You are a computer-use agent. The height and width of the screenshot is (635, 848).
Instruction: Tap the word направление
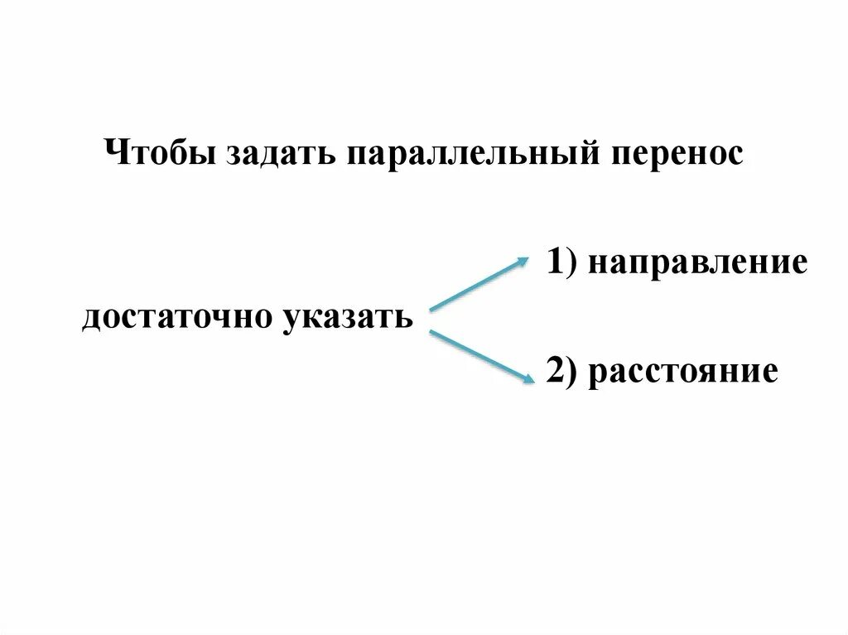coord(698,262)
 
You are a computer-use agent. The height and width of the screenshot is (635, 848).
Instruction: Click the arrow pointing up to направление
coord(479,284)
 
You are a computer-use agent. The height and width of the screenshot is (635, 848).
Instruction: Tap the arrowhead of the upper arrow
coord(524,260)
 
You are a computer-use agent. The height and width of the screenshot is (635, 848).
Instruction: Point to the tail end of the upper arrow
coord(432,309)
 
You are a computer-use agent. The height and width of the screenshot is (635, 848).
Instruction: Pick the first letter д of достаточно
coord(91,318)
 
